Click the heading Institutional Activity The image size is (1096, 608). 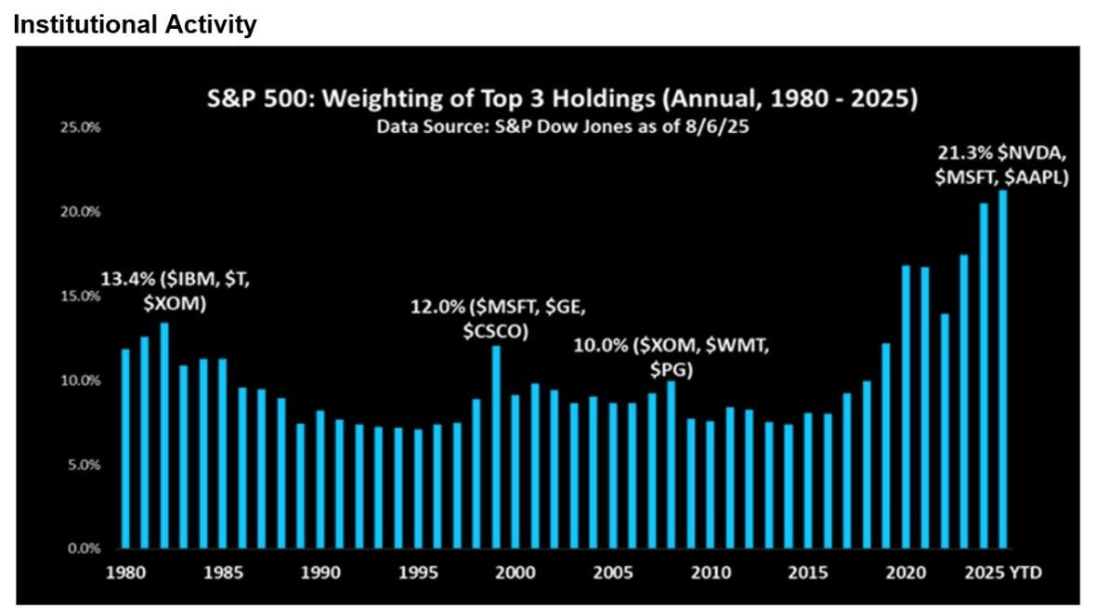pos(135,24)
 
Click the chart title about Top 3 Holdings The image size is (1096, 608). pos(562,99)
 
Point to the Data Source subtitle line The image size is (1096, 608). pos(563,127)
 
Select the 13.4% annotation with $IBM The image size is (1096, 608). pos(176,291)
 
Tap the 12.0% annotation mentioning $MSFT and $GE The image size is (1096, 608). pos(498,318)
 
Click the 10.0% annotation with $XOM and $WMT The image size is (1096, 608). pos(671,357)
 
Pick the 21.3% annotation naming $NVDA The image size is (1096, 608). pos(1002,165)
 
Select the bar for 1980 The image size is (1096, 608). pos(125,448)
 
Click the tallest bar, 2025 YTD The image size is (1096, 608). pos(1003,369)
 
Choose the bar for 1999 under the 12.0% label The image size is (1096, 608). pos(496,447)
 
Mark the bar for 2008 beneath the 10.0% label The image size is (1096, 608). pos(671,465)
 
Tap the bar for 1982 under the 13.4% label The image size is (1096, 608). pos(164,435)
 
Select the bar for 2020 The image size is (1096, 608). pos(906,407)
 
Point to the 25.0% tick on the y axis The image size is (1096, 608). pos(84,127)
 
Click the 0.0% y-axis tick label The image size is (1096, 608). pos(84,549)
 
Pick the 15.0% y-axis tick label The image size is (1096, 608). pos(84,296)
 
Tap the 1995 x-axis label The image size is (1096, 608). pos(418,573)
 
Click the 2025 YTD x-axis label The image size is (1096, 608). pos(1003,573)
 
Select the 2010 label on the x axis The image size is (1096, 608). pos(711,573)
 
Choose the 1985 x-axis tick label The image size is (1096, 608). pos(223,573)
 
